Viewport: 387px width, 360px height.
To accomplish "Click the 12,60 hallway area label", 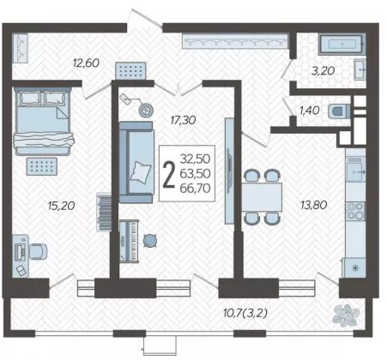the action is click(x=86, y=63).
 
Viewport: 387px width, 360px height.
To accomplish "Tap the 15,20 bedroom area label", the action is click(x=61, y=206).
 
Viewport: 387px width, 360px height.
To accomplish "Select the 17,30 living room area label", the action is click(x=183, y=120).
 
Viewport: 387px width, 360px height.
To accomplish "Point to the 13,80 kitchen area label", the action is click(x=314, y=205).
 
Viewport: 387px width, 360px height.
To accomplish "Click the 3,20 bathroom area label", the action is click(x=323, y=70).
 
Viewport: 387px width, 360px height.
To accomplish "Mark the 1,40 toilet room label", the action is click(x=309, y=111).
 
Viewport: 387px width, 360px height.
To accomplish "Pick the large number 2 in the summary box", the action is click(x=168, y=174).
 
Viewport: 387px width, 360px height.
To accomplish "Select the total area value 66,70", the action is click(x=196, y=189).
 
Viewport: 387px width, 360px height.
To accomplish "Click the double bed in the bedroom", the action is click(x=44, y=122).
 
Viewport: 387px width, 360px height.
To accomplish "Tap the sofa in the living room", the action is click(x=136, y=162).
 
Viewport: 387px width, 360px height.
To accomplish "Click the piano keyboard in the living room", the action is click(x=129, y=241).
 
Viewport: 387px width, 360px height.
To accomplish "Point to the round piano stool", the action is click(x=150, y=241).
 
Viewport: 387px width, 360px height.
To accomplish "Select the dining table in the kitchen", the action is click(x=262, y=197).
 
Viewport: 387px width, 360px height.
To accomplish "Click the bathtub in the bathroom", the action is click(x=342, y=44).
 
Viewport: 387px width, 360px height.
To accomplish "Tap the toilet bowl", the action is click(x=339, y=111).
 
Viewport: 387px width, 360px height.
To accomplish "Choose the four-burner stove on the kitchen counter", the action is click(x=355, y=211).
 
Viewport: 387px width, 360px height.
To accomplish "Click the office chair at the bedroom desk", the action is click(x=39, y=251).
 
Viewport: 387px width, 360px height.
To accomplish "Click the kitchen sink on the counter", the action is click(x=355, y=171).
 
